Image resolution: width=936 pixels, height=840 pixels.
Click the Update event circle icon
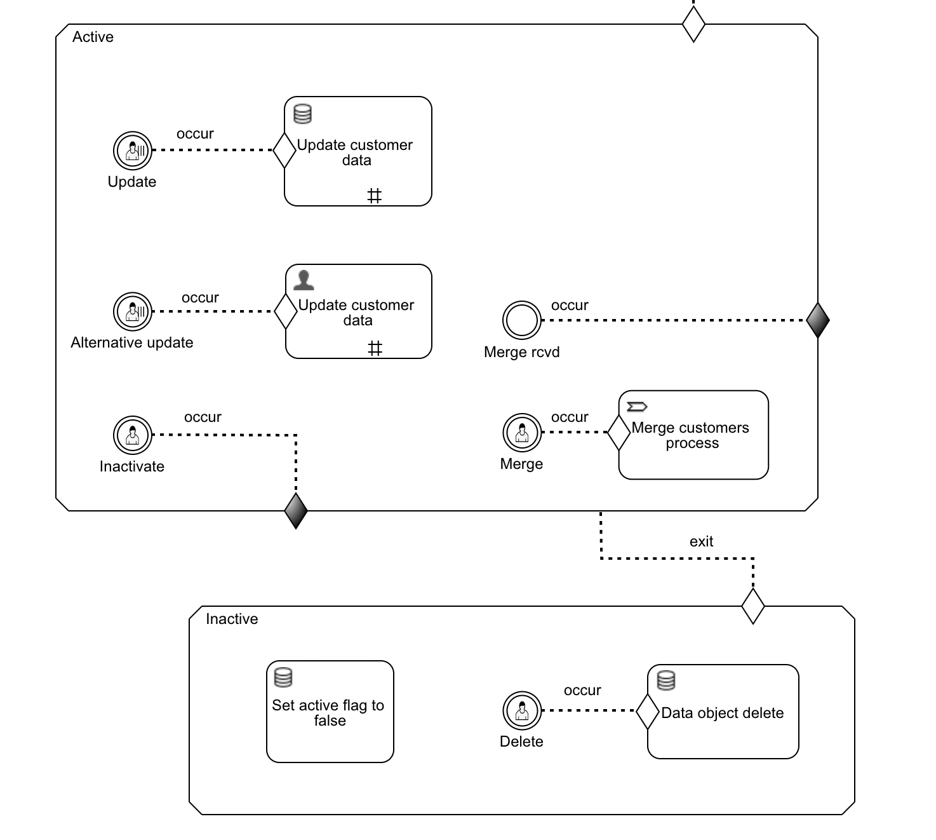point(133,151)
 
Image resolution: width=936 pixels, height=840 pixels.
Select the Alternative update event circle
point(133,311)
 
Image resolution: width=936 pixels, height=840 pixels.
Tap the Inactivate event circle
point(133,435)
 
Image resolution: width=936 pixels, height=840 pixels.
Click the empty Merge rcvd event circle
point(521,320)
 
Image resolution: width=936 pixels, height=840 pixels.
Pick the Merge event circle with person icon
point(521,432)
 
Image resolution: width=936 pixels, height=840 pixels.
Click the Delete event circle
point(521,710)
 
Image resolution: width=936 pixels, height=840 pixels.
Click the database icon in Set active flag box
point(283,677)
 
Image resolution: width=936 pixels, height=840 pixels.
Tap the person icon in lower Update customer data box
point(304,280)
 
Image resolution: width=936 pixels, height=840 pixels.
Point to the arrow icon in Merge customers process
point(636,407)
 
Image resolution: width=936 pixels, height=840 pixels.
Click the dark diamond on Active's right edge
point(818,320)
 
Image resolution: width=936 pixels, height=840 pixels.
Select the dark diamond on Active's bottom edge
point(296,510)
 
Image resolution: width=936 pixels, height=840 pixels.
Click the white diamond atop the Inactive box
point(753,606)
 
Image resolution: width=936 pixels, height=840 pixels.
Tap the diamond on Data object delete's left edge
point(648,711)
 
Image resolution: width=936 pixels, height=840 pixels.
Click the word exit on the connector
point(701,541)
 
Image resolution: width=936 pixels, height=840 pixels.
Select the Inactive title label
point(232,619)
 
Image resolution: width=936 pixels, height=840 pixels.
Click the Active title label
point(93,37)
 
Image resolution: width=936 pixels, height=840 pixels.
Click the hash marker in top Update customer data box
point(375,196)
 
